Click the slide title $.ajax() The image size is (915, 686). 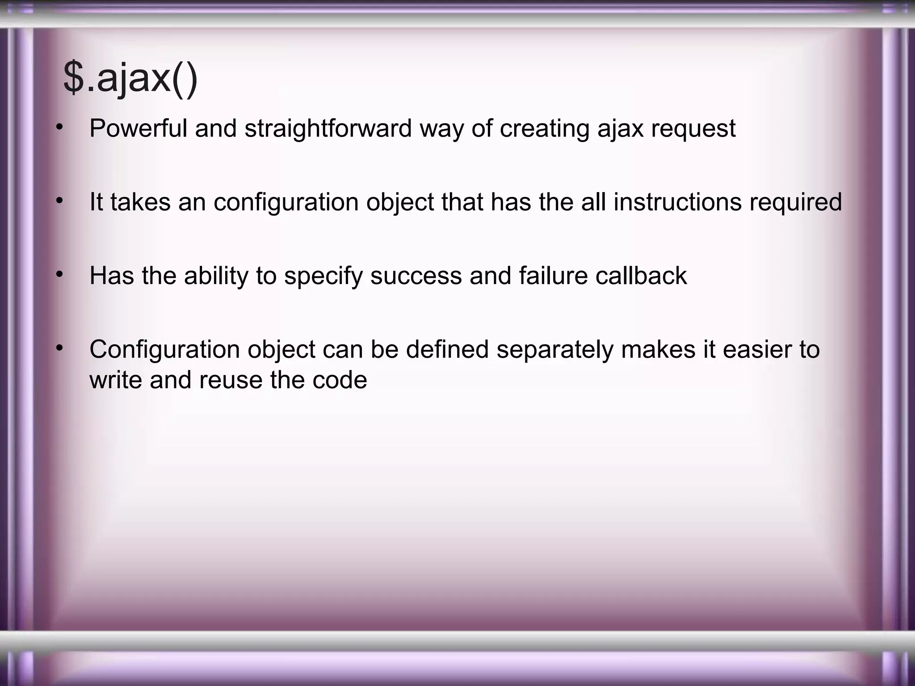coord(130,79)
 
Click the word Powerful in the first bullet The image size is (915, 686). coord(138,129)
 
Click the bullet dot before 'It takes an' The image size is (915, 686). coord(59,201)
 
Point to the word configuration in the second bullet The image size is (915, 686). coord(286,202)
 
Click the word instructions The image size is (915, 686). coord(677,202)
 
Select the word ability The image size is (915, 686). coord(216,276)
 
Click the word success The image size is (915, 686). coord(416,276)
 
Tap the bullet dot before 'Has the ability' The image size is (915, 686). coord(59,275)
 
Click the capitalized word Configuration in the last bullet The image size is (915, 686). coord(164,350)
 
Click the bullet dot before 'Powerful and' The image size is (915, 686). coord(59,127)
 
